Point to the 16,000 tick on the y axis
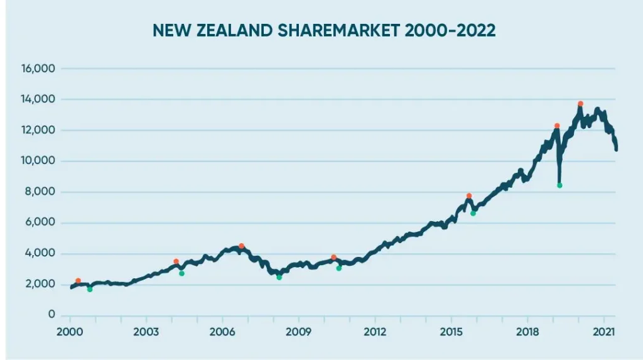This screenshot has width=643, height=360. [x=39, y=68]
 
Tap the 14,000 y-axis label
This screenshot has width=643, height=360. [x=39, y=99]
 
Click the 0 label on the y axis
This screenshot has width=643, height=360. [x=52, y=315]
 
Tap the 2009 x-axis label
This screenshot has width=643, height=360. [x=298, y=332]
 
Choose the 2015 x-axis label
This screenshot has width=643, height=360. [x=451, y=332]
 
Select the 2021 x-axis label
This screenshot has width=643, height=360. [x=603, y=332]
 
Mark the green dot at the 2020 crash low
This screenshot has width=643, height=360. [x=559, y=185]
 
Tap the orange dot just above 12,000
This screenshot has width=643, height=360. [x=557, y=126]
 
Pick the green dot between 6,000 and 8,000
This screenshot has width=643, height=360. [x=473, y=214]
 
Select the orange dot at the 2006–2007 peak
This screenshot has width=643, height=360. [x=241, y=246]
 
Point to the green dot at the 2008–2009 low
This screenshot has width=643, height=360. [x=279, y=277]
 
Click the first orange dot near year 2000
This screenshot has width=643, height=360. [x=78, y=281]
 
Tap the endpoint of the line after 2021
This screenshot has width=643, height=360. [x=616, y=149]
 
